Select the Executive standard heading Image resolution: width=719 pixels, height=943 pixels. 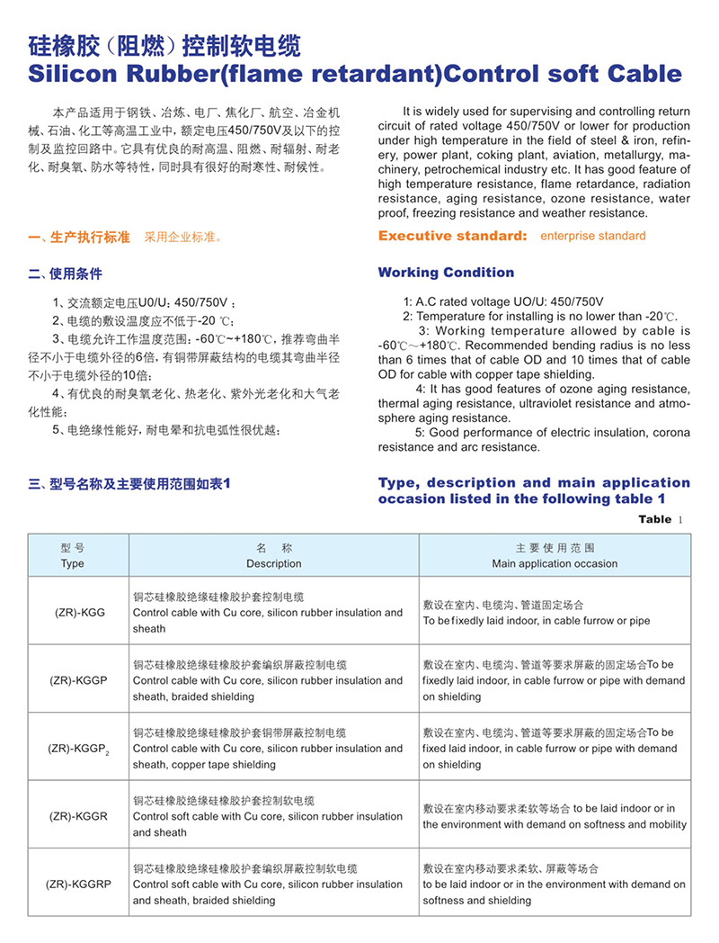452,236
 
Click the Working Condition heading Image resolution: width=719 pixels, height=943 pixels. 446,273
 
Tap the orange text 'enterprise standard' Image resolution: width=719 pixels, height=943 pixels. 592,236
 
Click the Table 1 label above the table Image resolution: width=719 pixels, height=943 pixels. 661,519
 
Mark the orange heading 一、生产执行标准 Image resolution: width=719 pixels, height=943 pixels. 79,238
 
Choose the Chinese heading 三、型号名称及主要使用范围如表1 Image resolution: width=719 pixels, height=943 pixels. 130,483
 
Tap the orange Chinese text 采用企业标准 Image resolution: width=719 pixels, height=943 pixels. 182,238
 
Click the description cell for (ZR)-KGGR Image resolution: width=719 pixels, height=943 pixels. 268,816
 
